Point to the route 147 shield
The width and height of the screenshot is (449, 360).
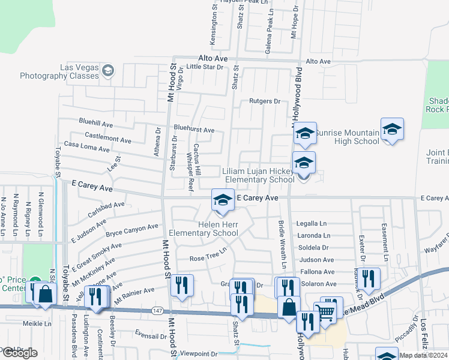(157, 310)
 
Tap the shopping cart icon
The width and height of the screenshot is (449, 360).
(325, 311)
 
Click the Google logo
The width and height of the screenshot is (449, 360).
(19, 353)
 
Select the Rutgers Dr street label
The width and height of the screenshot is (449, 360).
(265, 101)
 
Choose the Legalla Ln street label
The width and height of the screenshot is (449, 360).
(312, 224)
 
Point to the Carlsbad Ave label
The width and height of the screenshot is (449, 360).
(105, 208)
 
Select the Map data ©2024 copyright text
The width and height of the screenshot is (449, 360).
(423, 355)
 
